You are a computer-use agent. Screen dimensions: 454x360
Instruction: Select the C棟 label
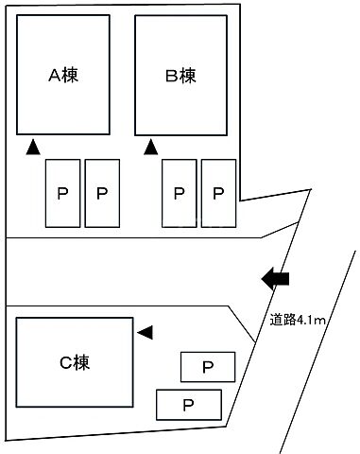pyautogui.click(x=74, y=360)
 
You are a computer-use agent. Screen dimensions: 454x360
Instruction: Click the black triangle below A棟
pyautogui.click(x=32, y=147)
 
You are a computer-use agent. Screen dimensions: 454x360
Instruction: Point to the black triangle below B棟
pyautogui.click(x=150, y=147)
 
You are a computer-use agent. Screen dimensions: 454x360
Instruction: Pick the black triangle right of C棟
pyautogui.click(x=145, y=332)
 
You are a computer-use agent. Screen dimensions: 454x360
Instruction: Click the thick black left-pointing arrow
pyautogui.click(x=275, y=278)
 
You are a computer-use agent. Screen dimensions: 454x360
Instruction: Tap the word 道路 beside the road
pyautogui.click(x=281, y=322)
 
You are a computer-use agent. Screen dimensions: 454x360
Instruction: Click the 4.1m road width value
pyautogui.click(x=311, y=322)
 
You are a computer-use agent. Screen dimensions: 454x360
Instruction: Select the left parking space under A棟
pyautogui.click(x=62, y=193)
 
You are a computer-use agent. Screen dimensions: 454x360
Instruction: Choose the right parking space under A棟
pyautogui.click(x=102, y=193)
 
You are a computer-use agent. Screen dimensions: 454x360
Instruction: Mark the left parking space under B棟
pyautogui.click(x=180, y=193)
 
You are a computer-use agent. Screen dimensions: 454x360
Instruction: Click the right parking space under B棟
pyautogui.click(x=218, y=193)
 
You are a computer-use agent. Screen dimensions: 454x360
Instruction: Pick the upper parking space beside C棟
pyautogui.click(x=206, y=365)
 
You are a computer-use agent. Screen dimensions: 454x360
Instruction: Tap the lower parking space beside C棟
pyautogui.click(x=189, y=404)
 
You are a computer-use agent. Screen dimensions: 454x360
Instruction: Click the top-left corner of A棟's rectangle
pyautogui.click(x=18, y=16)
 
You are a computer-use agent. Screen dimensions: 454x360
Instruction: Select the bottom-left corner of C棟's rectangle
pyautogui.click(x=17, y=406)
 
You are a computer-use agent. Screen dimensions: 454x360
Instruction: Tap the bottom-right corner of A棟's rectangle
pyautogui.click(x=111, y=134)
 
